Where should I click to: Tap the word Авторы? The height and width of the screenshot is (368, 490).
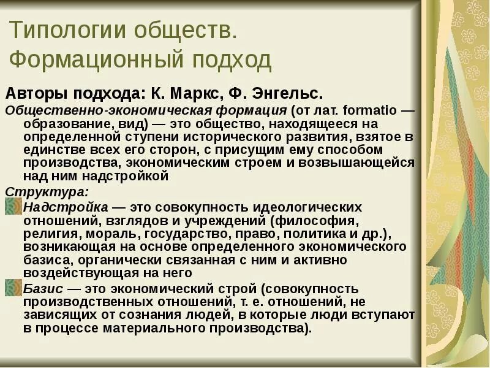(x=36, y=94)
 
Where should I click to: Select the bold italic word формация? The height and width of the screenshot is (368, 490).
(x=255, y=110)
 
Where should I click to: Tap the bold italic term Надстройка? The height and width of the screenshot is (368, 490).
(x=66, y=207)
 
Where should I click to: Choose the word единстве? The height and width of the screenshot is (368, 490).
(x=52, y=150)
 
